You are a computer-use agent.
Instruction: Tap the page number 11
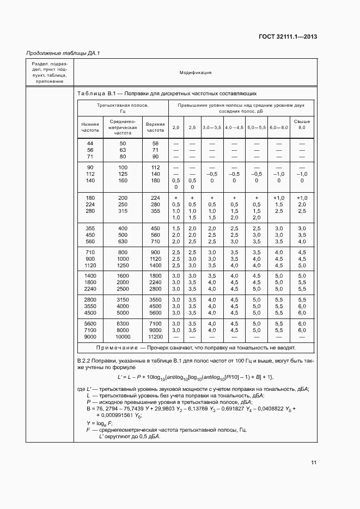click(314, 463)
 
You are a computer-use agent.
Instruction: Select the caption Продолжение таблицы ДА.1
click(63, 53)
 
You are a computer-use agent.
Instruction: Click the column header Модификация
click(195, 72)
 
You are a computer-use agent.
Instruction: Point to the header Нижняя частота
click(90, 127)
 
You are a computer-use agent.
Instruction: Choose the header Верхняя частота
click(155, 127)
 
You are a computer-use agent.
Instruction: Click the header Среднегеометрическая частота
click(123, 127)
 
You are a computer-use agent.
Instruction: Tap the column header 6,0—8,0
click(279, 127)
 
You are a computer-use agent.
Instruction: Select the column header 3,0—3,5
click(212, 127)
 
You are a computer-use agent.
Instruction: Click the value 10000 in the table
click(123, 336)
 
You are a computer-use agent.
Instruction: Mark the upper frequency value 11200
click(155, 336)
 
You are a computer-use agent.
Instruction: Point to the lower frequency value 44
click(90, 143)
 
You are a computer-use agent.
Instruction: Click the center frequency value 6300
click(123, 323)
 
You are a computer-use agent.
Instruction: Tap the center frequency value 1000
click(123, 259)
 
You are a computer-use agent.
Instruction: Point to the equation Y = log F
click(99, 423)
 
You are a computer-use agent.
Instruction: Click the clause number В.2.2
click(87, 361)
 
